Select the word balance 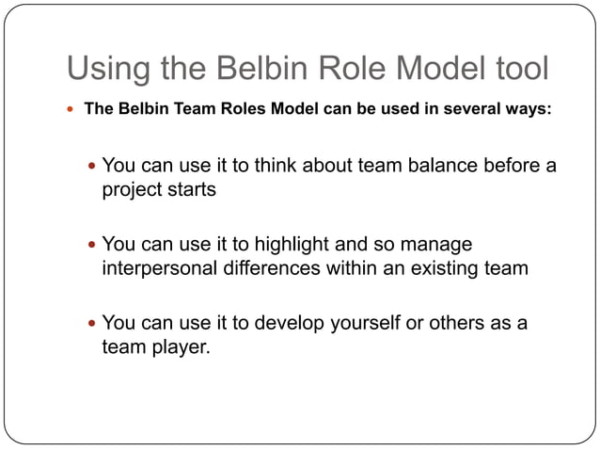click(441, 166)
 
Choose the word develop click(282, 323)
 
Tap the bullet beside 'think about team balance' click(90, 167)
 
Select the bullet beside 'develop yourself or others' click(90, 324)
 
